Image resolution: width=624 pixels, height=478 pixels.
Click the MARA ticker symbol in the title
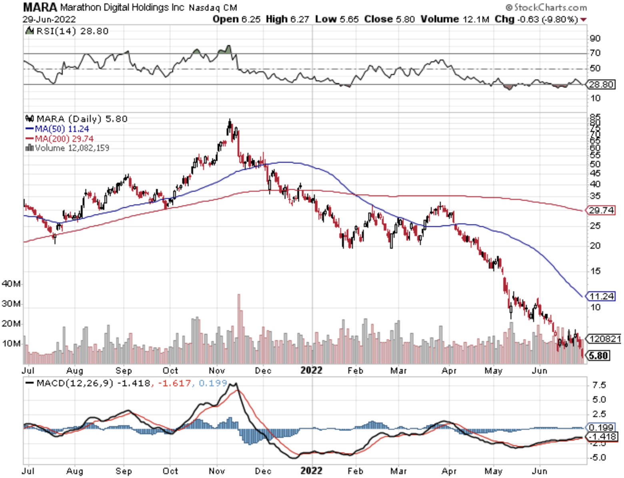[x=40, y=7]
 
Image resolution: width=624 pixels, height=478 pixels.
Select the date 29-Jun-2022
[x=49, y=19]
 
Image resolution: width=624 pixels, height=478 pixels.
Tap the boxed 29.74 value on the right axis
[x=601, y=210]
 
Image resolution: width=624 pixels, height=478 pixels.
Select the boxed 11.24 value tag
[x=601, y=296]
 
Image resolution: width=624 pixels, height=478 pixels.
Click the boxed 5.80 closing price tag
[x=598, y=355]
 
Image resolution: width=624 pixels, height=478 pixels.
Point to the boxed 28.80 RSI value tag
[x=601, y=84]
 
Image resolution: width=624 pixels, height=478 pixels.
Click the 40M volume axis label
[x=11, y=284]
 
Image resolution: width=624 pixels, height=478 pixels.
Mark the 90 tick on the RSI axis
[x=595, y=38]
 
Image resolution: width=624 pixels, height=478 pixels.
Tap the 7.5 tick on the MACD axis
[x=599, y=385]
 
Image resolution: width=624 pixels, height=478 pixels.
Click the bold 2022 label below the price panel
[x=311, y=370]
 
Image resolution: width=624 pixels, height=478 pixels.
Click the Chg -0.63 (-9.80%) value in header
[x=536, y=19]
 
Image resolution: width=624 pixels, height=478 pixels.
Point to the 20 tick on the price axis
[x=595, y=245]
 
